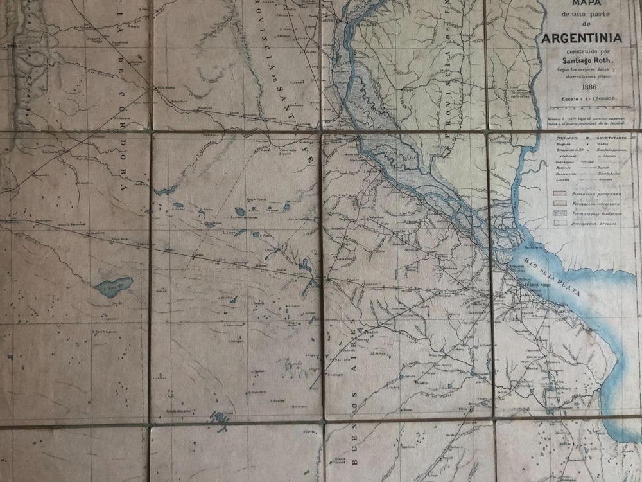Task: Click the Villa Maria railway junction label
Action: (166, 88)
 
